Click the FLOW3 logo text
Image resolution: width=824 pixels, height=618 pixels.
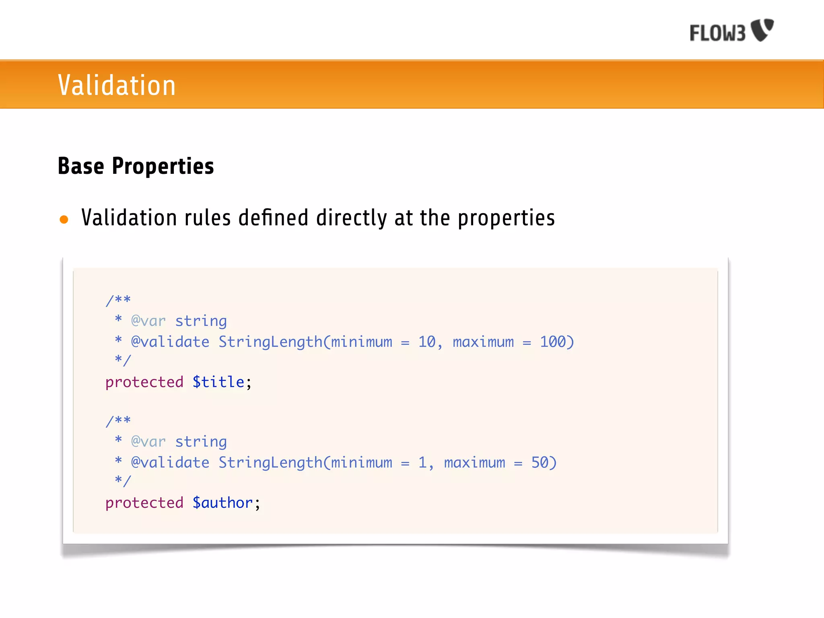click(717, 33)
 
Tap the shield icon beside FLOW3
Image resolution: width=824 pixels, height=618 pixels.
click(762, 29)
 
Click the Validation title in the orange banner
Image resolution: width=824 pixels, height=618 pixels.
click(117, 85)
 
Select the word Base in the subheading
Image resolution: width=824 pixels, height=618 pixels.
click(81, 166)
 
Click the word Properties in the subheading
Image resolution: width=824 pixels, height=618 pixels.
click(163, 166)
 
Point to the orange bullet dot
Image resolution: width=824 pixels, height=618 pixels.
click(64, 219)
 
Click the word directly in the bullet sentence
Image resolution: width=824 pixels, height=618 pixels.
click(352, 218)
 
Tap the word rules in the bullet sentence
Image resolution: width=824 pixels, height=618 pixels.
click(208, 218)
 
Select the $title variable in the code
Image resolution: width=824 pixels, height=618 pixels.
click(218, 382)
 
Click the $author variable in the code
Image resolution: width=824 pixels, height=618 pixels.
click(222, 503)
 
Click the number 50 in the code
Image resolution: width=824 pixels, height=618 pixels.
click(540, 462)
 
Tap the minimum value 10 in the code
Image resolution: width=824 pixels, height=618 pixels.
click(427, 342)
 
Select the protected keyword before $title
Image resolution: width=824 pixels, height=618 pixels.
click(144, 382)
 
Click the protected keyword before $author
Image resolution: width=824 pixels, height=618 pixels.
click(144, 503)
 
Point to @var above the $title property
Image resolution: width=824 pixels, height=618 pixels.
click(148, 321)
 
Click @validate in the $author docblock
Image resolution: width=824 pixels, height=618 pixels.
click(170, 462)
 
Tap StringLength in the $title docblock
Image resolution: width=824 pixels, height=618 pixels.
click(271, 342)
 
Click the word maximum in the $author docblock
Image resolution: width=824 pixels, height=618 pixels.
click(474, 462)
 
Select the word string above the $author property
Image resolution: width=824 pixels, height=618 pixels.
click(201, 442)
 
